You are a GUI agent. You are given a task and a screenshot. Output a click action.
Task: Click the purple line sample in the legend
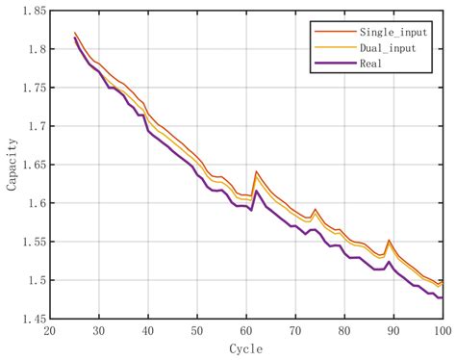(x=329, y=64)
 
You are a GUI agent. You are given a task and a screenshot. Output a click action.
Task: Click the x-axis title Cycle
(x=245, y=348)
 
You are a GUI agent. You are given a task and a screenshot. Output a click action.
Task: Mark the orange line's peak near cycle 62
(x=256, y=171)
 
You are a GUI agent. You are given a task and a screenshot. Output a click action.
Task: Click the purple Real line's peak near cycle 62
(x=256, y=191)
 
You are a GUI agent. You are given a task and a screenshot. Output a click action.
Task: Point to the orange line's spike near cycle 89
(x=389, y=241)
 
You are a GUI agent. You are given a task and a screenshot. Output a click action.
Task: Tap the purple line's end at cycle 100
(x=442, y=297)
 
